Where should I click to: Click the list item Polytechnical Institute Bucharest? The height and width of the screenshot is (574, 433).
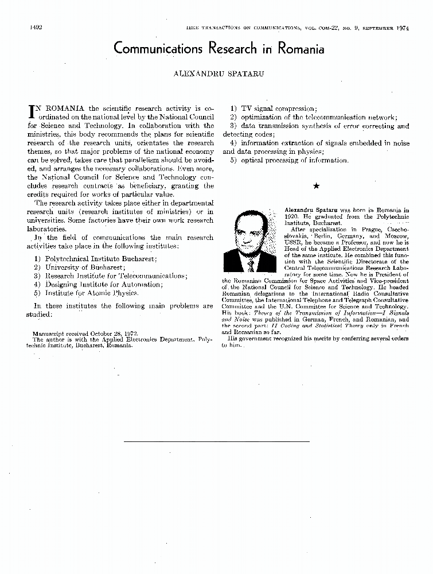(95, 259)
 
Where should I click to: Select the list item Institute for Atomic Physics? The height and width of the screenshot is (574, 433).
(85, 293)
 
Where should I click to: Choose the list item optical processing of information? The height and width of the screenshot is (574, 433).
(289, 160)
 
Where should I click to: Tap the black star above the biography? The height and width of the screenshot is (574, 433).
(316, 186)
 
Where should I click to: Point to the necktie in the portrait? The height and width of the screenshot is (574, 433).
(251, 265)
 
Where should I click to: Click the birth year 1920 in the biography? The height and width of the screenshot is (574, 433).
(292, 218)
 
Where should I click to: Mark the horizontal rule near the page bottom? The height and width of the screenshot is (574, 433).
(216, 441)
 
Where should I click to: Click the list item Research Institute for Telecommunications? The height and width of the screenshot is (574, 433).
(108, 276)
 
